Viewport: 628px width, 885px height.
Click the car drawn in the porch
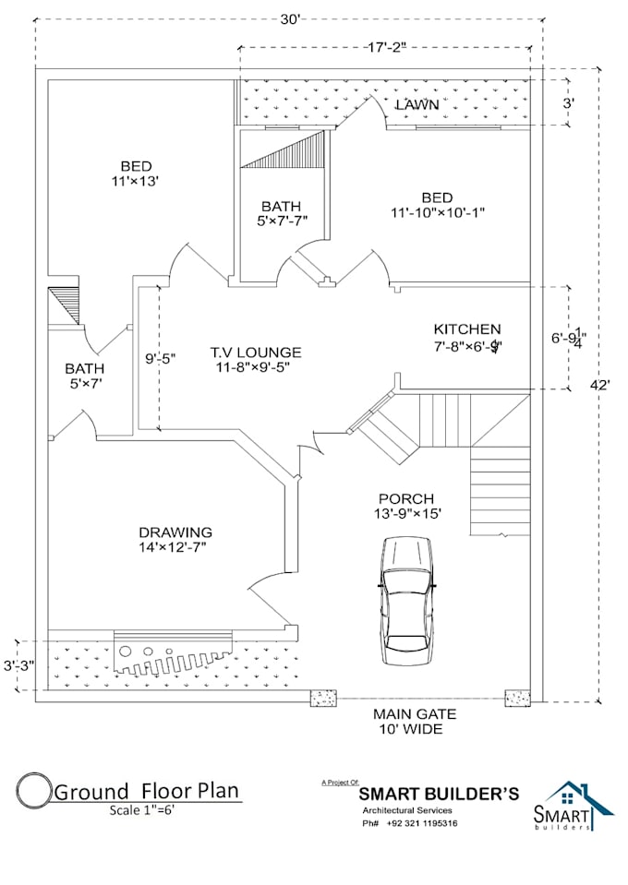[x=407, y=600]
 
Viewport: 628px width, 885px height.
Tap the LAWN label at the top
[x=417, y=105]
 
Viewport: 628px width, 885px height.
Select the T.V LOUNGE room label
[x=255, y=353]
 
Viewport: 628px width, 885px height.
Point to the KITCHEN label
[x=467, y=329]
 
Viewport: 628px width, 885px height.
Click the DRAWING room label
[x=175, y=532]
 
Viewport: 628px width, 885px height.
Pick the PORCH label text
[x=405, y=498]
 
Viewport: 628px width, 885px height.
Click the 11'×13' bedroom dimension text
[x=135, y=182]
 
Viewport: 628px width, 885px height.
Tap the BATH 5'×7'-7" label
[x=281, y=213]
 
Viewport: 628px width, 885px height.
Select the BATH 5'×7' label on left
[x=83, y=376]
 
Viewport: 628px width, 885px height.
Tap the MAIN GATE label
[x=415, y=714]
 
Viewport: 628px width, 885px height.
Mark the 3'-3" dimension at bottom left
[x=18, y=664]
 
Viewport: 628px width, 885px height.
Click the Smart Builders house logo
[x=576, y=807]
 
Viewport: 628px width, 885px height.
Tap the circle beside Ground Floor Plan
[x=33, y=791]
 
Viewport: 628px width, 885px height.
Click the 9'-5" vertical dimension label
[x=160, y=356]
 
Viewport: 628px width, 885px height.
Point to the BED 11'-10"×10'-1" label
[x=437, y=205]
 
